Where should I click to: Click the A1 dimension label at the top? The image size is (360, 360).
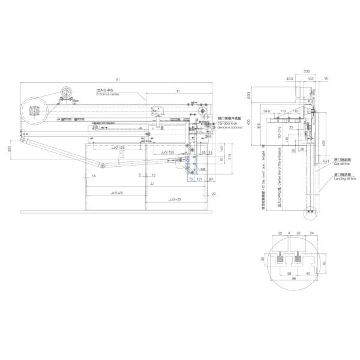coord(118,80)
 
